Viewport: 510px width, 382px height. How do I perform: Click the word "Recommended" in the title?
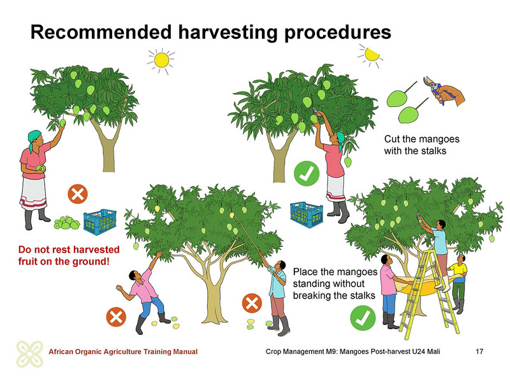point(101,32)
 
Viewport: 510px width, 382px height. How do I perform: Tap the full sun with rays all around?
point(161,60)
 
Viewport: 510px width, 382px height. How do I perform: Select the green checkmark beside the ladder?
point(363,318)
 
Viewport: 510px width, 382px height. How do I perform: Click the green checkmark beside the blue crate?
point(307,173)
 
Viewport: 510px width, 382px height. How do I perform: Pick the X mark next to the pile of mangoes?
point(78,194)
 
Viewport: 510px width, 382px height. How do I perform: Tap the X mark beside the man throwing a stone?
point(116,316)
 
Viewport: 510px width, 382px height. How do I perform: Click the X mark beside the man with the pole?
point(252,304)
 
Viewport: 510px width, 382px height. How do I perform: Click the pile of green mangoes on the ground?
point(67,223)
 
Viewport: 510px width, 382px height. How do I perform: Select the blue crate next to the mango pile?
point(100,222)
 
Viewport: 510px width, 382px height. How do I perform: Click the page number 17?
point(479,351)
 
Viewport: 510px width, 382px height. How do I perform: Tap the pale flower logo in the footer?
point(30,354)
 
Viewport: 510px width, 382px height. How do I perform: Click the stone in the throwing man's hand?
point(119,288)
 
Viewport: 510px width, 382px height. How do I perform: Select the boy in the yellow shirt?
point(458,283)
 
